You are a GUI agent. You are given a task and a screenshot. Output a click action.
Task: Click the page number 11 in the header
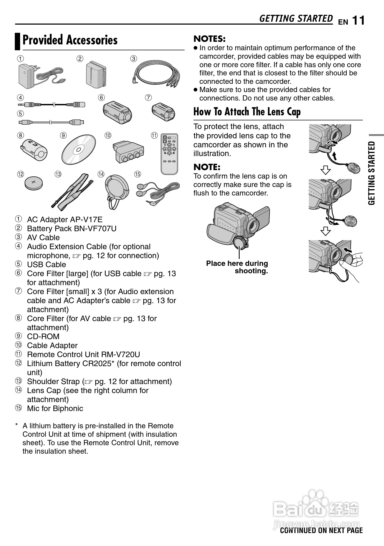click(358, 21)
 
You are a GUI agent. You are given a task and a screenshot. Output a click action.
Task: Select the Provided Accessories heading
click(70, 40)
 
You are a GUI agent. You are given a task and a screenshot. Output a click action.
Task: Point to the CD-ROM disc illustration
click(79, 150)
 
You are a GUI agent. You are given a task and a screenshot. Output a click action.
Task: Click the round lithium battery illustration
click(33, 183)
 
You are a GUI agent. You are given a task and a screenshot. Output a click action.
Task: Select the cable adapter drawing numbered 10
click(128, 152)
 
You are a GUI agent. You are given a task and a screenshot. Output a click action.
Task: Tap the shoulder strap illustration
click(72, 192)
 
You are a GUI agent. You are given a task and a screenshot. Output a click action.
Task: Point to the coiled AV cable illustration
click(156, 73)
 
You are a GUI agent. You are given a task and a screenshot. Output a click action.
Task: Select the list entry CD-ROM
click(43, 336)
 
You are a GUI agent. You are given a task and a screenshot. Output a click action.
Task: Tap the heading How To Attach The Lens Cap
click(247, 112)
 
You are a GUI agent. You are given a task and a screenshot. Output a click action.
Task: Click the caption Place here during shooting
click(237, 267)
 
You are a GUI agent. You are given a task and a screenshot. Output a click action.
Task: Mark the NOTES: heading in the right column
click(209, 39)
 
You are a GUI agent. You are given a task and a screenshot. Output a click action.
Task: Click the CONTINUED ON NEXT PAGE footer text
click(321, 530)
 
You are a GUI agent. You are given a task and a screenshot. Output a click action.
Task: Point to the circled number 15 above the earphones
click(138, 174)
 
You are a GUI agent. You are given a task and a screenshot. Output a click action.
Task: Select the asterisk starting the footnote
click(17, 425)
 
